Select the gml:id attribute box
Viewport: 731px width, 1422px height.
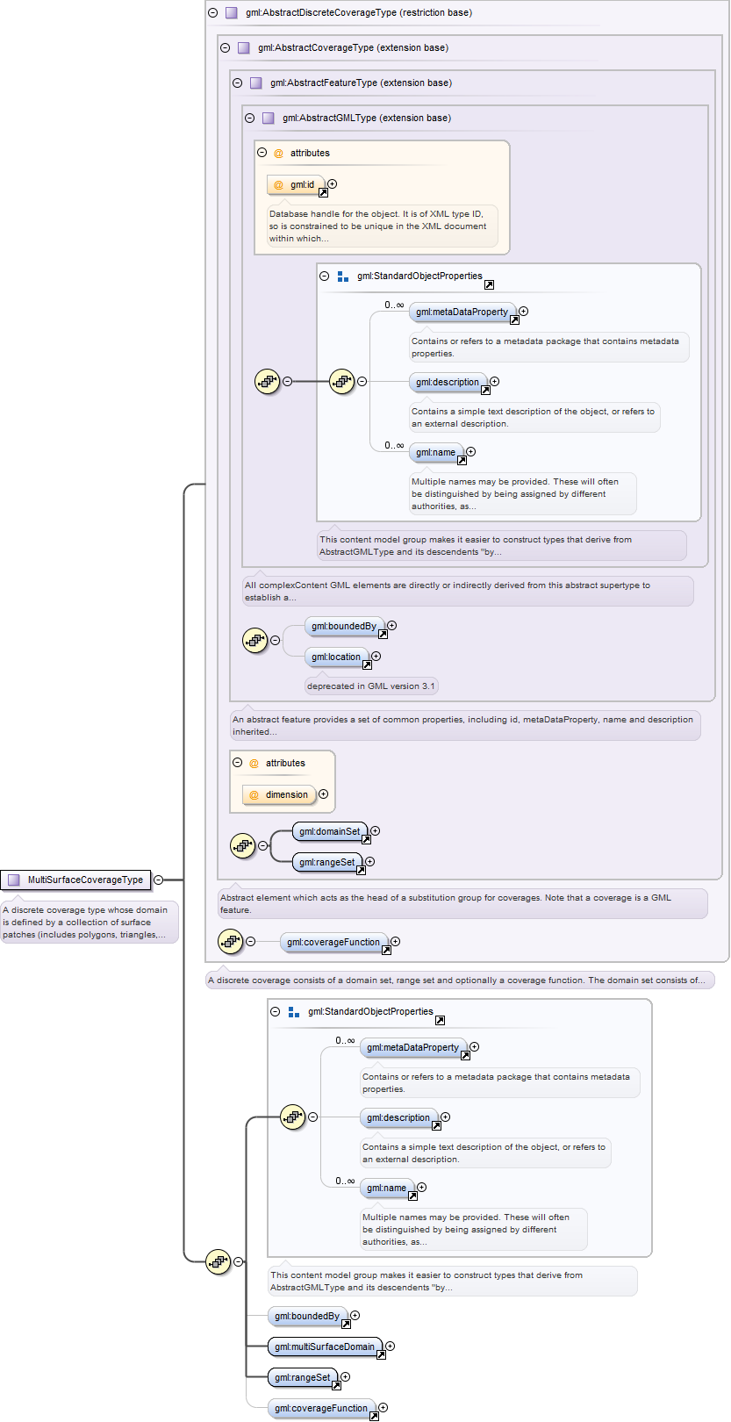click(296, 184)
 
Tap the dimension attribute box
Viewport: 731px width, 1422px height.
click(279, 794)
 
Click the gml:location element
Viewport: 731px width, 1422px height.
click(337, 657)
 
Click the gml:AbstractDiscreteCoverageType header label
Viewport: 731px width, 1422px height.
click(359, 12)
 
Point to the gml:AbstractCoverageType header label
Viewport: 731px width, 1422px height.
click(353, 47)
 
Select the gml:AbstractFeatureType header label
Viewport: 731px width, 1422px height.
click(361, 83)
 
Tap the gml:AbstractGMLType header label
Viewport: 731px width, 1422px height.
click(367, 118)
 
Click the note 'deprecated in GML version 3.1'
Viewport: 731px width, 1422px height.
click(371, 686)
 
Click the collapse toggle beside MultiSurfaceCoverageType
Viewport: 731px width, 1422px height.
click(159, 880)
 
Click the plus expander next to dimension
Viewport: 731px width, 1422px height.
click(324, 794)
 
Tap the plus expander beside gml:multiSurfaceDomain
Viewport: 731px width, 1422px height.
click(391, 1346)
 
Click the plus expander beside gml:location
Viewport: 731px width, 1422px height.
click(376, 657)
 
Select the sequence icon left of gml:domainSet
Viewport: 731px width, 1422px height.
click(242, 845)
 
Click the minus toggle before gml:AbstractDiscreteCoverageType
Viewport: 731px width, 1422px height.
click(212, 12)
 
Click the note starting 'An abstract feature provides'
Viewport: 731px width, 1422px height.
click(464, 725)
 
